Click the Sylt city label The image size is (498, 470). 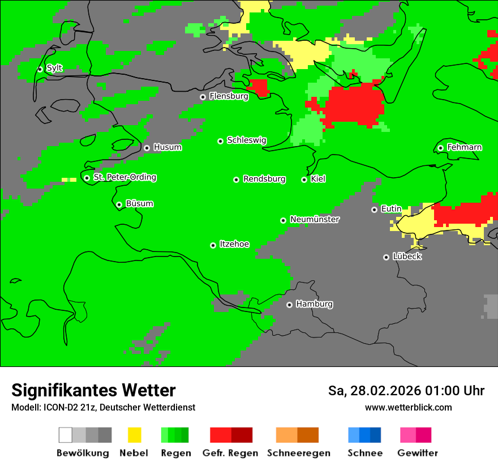[x=54, y=68]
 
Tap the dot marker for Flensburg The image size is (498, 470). [x=203, y=97]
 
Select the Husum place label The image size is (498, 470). [x=168, y=147]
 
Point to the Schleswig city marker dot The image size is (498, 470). [x=220, y=141]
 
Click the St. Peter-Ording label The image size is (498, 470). [x=124, y=177]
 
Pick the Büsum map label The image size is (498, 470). [x=139, y=204]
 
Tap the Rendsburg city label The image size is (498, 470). [x=264, y=179]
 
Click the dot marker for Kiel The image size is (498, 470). [x=304, y=180]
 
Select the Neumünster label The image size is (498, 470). [x=315, y=219]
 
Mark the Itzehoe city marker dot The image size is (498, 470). [x=213, y=245]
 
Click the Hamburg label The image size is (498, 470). [x=314, y=304]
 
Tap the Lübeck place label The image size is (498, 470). [x=407, y=257]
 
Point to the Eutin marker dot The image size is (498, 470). [x=374, y=210]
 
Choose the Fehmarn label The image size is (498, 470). [x=464, y=147]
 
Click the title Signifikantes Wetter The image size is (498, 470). [x=93, y=390]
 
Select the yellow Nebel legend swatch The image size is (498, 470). [x=134, y=435]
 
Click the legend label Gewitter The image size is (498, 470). [x=417, y=453]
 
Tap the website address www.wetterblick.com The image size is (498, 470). [x=408, y=407]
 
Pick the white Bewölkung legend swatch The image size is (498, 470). [x=66, y=435]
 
